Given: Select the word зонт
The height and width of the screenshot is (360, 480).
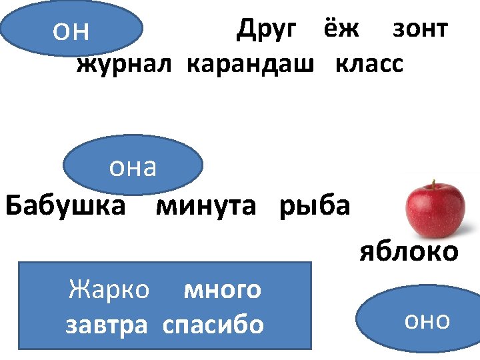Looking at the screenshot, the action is pyautogui.click(x=420, y=29).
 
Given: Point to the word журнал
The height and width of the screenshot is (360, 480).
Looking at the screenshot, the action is pyautogui.click(x=125, y=65).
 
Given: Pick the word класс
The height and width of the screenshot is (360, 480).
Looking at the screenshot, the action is pyautogui.click(x=369, y=65).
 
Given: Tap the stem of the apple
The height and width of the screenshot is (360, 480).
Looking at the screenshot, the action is pyautogui.click(x=433, y=185).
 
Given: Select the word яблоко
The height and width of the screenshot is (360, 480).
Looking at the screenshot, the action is pyautogui.click(x=409, y=252).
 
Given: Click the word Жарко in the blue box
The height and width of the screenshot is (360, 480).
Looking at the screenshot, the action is pyautogui.click(x=109, y=289).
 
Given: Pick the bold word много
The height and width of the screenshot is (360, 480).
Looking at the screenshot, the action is pyautogui.click(x=222, y=290).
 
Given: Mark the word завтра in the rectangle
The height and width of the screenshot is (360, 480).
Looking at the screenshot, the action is pyautogui.click(x=106, y=325).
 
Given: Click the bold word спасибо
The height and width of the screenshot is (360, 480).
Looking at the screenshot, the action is pyautogui.click(x=213, y=325).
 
